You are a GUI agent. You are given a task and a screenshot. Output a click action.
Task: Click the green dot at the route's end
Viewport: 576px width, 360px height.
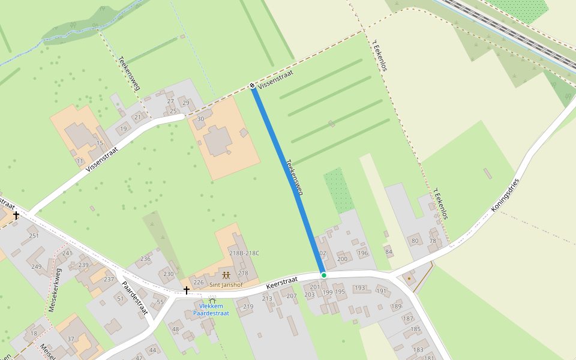click(x=324, y=275)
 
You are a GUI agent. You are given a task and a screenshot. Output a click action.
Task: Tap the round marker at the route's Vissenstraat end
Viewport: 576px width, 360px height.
click(x=253, y=86)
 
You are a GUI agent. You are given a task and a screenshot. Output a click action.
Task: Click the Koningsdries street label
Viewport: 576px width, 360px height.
click(x=505, y=195)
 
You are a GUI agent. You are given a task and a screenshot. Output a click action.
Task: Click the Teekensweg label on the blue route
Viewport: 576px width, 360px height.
click(x=295, y=177)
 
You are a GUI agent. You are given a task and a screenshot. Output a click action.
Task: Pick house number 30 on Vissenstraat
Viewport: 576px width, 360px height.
click(x=200, y=119)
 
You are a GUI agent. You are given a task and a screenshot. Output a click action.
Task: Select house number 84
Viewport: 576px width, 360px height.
click(x=389, y=251)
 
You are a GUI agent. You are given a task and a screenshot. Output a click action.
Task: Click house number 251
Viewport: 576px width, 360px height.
click(x=34, y=235)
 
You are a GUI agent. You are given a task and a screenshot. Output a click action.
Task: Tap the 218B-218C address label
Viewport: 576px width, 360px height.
click(x=244, y=253)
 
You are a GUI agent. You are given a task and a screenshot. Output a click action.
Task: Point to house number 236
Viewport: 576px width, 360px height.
click(x=145, y=259)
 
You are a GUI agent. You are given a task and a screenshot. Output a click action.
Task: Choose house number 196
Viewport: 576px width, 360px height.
click(x=362, y=253)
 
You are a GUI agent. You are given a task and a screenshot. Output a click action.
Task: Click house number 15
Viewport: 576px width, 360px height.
click(x=100, y=143)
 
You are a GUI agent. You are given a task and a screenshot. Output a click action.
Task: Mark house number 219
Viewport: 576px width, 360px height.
click(x=248, y=307)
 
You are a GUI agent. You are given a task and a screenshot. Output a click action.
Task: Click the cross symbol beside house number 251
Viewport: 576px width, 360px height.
click(x=16, y=215)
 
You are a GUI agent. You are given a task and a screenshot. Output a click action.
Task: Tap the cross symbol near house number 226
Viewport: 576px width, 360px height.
click(x=187, y=290)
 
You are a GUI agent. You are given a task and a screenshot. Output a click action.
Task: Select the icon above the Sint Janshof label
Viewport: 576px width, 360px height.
click(x=226, y=274)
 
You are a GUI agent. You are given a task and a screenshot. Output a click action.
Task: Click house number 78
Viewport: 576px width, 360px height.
click(x=433, y=241)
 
